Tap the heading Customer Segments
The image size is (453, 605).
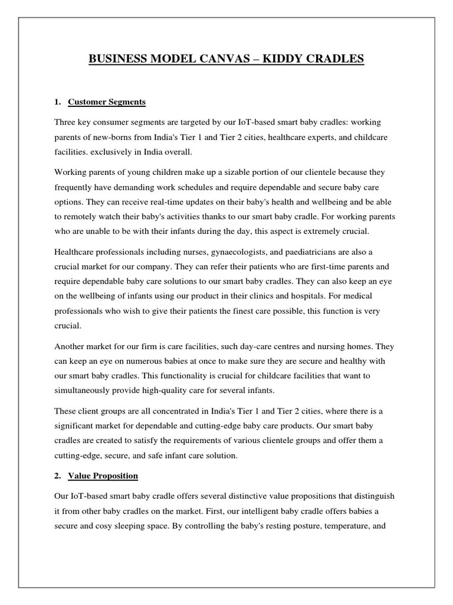tap(107, 102)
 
